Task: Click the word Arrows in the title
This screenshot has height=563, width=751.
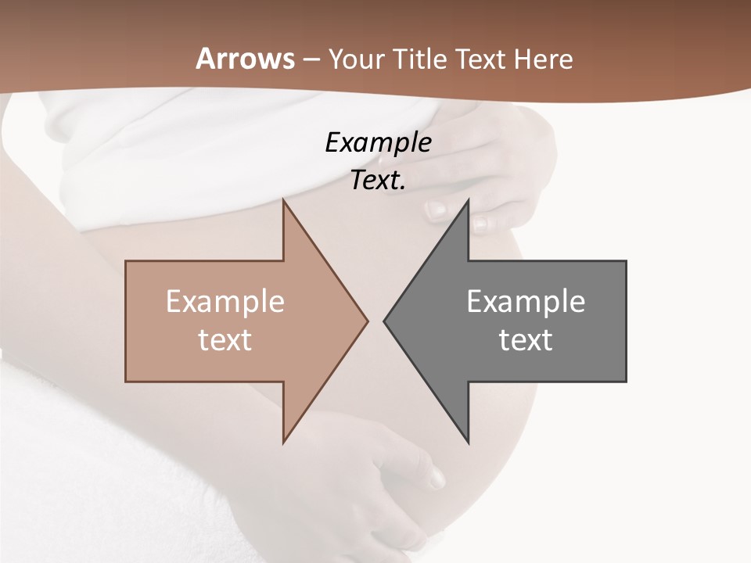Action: click(x=245, y=59)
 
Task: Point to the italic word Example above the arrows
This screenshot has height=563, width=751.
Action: click(x=378, y=143)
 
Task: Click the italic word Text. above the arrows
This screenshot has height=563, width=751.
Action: click(x=378, y=181)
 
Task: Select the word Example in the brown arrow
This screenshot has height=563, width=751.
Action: click(x=225, y=302)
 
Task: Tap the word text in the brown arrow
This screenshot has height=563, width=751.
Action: click(x=225, y=340)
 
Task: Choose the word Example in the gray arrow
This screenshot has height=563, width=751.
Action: click(x=526, y=302)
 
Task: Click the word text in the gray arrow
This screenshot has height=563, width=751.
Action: click(x=526, y=340)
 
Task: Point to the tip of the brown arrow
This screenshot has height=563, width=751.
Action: click(x=367, y=321)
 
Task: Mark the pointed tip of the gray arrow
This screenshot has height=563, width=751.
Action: click(x=384, y=321)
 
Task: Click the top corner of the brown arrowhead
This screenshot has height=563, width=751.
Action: click(x=283, y=199)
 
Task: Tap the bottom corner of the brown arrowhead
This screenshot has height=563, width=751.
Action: click(x=283, y=443)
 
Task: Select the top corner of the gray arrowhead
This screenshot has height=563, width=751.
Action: click(x=469, y=199)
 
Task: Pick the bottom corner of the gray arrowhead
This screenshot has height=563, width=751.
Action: click(x=469, y=443)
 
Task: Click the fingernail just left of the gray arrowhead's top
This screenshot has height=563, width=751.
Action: click(x=435, y=210)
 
